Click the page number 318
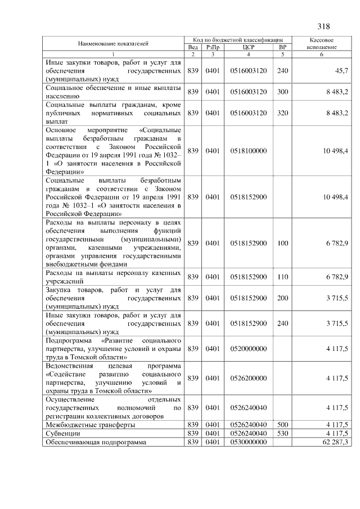[x=323, y=27]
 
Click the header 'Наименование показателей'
[x=113, y=43]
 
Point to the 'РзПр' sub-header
[x=212, y=47]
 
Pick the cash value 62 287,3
[x=333, y=443]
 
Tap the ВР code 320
[x=282, y=113]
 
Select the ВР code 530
[x=282, y=434]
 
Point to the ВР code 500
[x=282, y=425]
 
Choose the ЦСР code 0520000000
[x=248, y=349]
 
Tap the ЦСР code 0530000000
[x=248, y=443]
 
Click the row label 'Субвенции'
[x=63, y=434]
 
